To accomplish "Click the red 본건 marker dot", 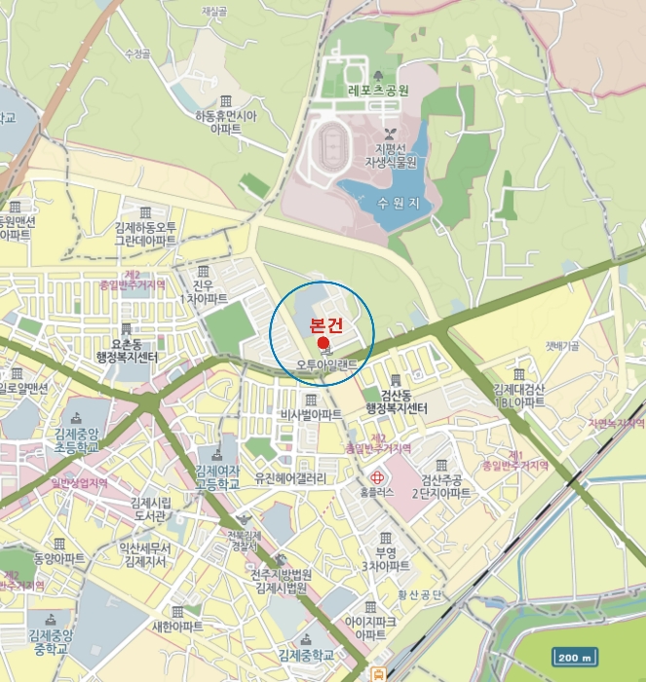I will [323, 343].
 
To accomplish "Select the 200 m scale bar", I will [576, 656].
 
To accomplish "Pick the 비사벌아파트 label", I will [311, 414].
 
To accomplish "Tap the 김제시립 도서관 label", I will [150, 508].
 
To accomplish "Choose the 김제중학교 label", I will [309, 654].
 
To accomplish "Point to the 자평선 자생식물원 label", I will [391, 155].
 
